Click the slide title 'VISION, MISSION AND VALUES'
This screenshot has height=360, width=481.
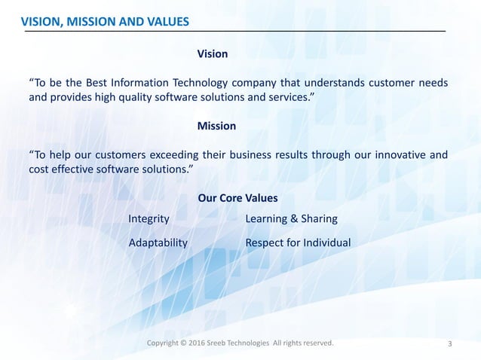point(105,21)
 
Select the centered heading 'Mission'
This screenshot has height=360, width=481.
point(216,126)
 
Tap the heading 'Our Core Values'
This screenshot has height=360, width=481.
point(237,198)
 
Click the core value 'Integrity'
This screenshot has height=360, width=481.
point(149,218)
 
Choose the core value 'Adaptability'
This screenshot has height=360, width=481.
point(158,243)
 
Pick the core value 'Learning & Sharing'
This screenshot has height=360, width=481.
point(292,218)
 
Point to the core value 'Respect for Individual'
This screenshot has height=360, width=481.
point(299,243)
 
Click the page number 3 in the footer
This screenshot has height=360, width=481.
point(450,345)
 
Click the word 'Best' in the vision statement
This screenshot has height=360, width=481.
point(103,81)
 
